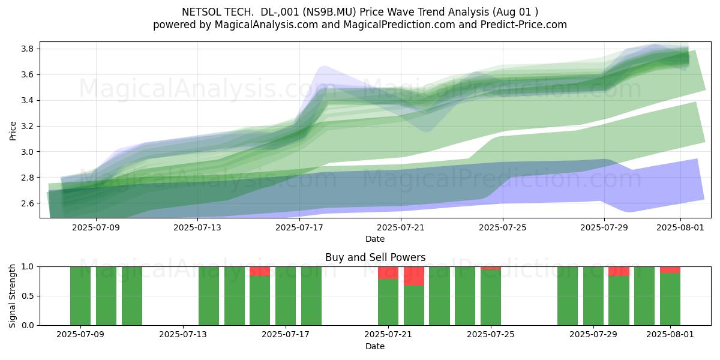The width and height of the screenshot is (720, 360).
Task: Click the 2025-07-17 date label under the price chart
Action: [299, 227]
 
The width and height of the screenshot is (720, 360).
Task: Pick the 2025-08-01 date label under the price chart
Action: [680, 227]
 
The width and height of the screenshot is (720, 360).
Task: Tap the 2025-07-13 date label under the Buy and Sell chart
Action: [183, 335]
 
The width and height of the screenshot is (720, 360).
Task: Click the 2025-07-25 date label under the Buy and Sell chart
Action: [491, 335]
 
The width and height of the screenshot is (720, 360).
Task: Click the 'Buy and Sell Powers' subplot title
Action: [375, 257]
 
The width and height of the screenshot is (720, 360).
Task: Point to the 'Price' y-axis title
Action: [13, 131]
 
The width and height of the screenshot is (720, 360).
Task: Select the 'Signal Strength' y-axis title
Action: [13, 296]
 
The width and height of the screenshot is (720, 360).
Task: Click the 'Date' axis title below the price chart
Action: [375, 239]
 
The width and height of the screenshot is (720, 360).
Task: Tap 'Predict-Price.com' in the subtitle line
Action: [524, 25]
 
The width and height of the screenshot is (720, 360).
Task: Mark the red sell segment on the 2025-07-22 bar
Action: [413, 276]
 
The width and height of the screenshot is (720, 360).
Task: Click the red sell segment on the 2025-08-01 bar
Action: [670, 270]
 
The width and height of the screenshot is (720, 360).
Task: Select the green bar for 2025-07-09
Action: [80, 296]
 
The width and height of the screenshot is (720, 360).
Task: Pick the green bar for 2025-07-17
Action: [286, 296]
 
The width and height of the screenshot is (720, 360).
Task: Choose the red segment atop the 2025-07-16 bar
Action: [260, 271]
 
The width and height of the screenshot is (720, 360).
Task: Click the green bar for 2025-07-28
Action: [568, 296]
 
